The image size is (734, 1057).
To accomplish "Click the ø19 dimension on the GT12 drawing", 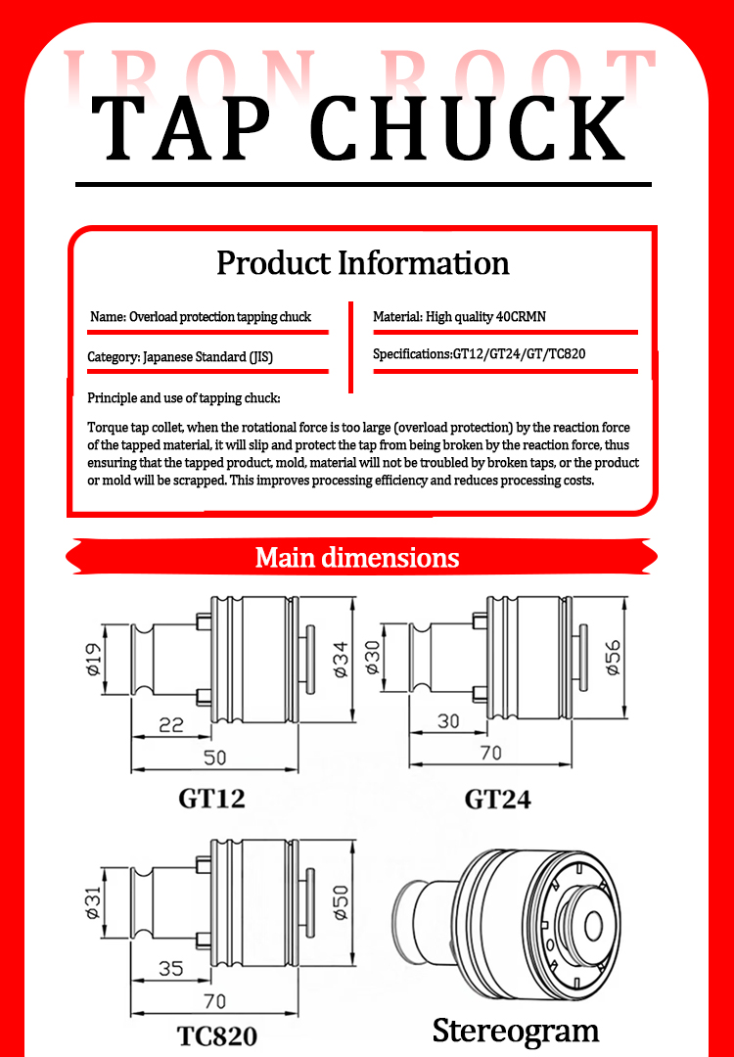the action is point(94,659).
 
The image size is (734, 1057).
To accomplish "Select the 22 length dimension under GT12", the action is point(171,724).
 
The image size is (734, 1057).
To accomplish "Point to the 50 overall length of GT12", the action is point(215,758).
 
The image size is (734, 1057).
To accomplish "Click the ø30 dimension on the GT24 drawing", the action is point(373,658).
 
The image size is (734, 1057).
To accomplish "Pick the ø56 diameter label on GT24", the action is point(613,658).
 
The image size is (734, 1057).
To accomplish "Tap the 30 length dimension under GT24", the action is point(448,721).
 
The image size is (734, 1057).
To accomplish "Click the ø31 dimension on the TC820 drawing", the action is point(93,902).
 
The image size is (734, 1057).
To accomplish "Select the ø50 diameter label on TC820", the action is point(342,902).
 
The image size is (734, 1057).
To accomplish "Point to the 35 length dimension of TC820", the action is point(170,968).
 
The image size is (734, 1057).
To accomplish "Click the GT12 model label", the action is point(211,799).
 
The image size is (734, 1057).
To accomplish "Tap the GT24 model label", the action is point(497,800).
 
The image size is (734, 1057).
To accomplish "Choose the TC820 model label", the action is point(217,1036).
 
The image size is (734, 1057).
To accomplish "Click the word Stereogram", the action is point(516,1032).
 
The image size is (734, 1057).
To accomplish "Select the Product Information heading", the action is point(363,263).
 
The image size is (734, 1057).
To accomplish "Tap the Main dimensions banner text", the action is point(357,558).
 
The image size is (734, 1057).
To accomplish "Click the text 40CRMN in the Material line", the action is point(521,317).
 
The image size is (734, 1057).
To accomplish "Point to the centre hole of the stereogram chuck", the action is point(592,926).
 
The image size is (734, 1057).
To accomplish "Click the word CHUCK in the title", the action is point(469,128).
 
